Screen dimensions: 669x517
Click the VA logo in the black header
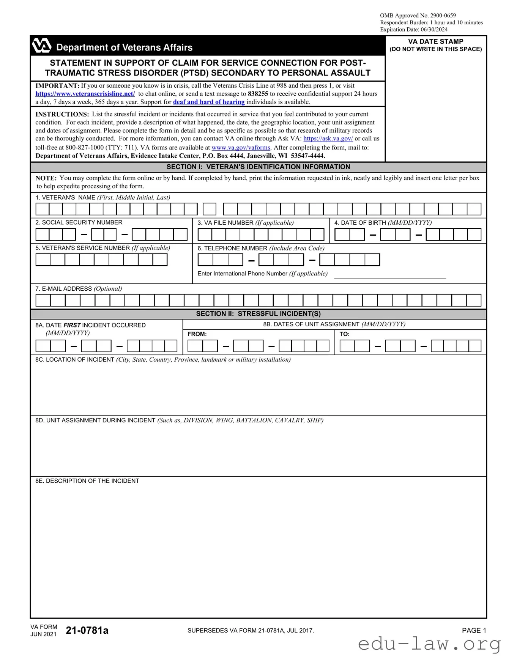click(x=42, y=46)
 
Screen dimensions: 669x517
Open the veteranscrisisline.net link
click(x=85, y=94)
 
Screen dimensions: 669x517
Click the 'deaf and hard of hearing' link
click(x=209, y=102)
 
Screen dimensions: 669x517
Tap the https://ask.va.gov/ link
click(x=328, y=139)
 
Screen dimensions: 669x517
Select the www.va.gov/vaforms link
click(x=241, y=148)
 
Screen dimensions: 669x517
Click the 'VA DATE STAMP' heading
click(x=435, y=41)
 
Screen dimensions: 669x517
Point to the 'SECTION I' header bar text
click(x=258, y=167)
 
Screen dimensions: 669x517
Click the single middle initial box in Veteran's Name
click(x=210, y=209)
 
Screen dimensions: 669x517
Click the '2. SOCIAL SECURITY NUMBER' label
click(x=79, y=222)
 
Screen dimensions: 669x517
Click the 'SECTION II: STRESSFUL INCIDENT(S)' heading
click(x=258, y=314)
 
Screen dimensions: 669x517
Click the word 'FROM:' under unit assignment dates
click(x=197, y=334)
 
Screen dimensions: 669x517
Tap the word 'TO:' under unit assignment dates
click(x=344, y=334)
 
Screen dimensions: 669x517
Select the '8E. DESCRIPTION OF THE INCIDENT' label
click(x=87, y=481)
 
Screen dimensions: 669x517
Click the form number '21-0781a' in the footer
click(x=87, y=630)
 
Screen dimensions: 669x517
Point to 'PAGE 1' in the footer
click(x=474, y=630)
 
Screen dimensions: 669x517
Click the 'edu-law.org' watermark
click(x=429, y=644)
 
